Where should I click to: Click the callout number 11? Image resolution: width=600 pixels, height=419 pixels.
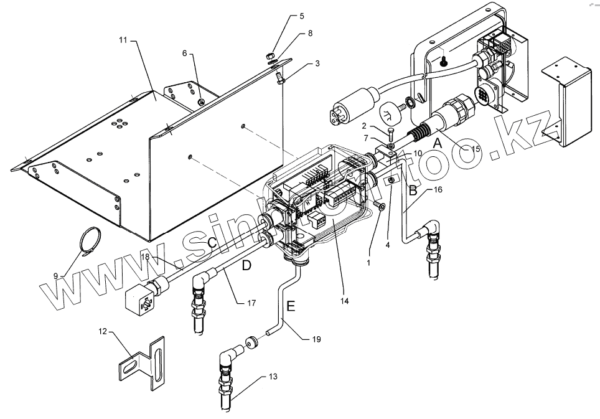tap(123, 40)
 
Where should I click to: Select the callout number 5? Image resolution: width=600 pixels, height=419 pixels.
tap(302, 16)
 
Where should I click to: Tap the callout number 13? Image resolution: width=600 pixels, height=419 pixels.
tap(273, 377)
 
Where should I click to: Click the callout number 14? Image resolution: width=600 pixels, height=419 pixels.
tap(345, 301)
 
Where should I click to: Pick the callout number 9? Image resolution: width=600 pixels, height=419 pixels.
tap(55, 275)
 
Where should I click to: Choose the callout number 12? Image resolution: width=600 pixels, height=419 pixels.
tap(103, 331)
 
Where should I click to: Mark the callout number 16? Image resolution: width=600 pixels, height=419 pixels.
tap(438, 190)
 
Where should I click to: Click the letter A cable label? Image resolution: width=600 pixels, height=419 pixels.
tap(437, 143)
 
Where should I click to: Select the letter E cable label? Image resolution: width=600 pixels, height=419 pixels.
tap(290, 306)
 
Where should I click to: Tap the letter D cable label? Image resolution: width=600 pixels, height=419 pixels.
tap(246, 265)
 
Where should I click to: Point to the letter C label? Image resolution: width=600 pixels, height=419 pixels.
tap(212, 243)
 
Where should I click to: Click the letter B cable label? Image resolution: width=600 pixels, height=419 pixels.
tap(413, 191)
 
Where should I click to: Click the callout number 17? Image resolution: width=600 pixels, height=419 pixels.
tap(251, 304)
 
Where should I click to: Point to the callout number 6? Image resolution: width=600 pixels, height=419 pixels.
tap(185, 54)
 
